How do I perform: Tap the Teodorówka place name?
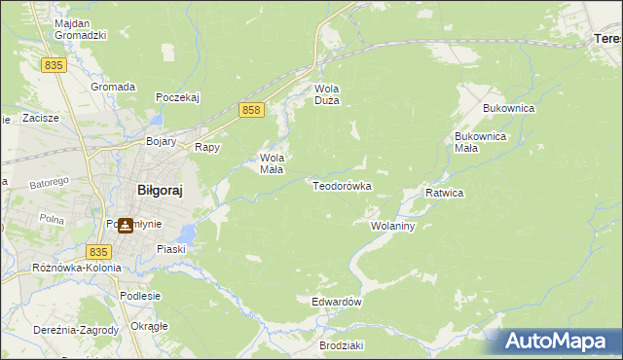coord(342,185)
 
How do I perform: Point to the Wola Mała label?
coord(271,162)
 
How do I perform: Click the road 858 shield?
coord(251,111)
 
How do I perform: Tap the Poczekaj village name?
coord(177,97)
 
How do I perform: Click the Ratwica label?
coord(444,193)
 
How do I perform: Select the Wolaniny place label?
coord(393,226)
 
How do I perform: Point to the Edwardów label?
coord(337,302)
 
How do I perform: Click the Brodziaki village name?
coord(341,345)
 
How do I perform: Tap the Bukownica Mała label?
coord(481,142)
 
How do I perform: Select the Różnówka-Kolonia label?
coord(77,268)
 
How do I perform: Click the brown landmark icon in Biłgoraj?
coord(126,226)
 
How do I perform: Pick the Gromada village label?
coord(113,87)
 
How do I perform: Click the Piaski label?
coord(171,249)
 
